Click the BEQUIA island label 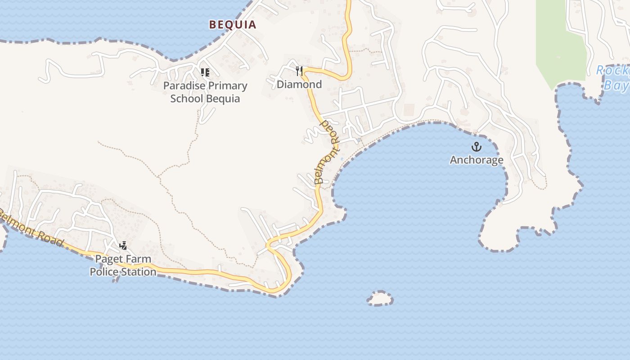[233, 25]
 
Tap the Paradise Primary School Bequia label [205, 92]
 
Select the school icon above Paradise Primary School [205, 72]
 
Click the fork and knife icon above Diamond [299, 71]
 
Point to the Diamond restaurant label [299, 84]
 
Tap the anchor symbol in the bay [476, 147]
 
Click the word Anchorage [477, 160]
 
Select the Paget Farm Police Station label [123, 265]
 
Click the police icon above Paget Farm [123, 246]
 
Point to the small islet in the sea [380, 298]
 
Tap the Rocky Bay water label [613, 77]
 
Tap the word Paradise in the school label [182, 86]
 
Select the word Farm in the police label [138, 259]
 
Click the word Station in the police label [138, 272]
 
